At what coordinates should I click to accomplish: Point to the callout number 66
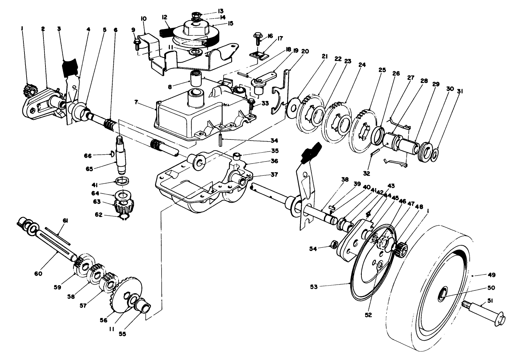(88, 156)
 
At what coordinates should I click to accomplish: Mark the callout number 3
(59, 29)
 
